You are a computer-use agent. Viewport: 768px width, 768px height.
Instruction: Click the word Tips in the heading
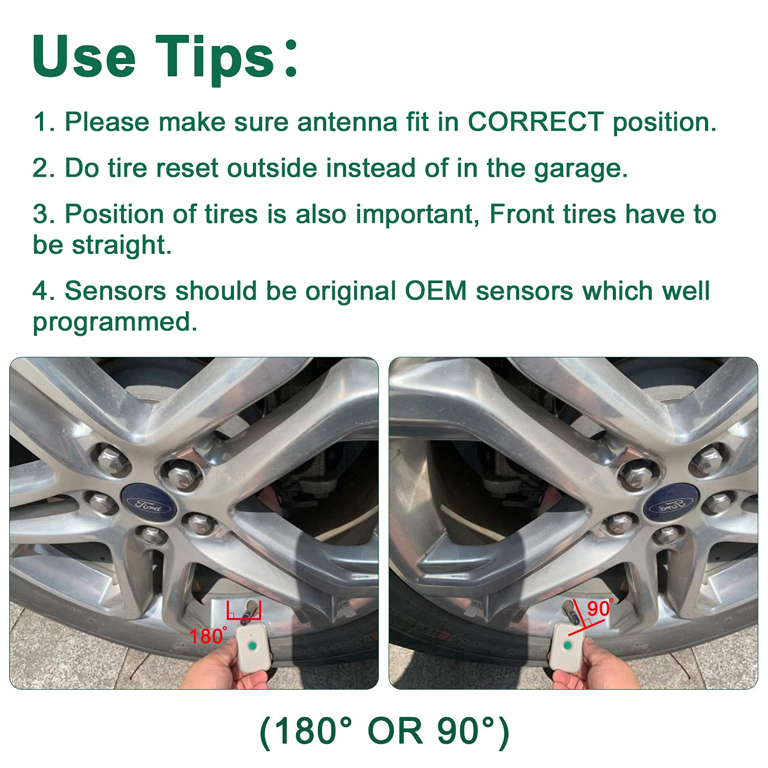216,57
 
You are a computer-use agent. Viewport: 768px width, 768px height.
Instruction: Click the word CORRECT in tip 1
536,122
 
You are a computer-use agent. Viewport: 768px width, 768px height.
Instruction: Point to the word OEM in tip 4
436,291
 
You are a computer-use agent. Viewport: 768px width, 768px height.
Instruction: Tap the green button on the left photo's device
251,647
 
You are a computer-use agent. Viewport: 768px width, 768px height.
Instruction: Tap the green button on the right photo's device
567,645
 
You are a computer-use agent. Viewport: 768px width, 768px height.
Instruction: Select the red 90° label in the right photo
600,608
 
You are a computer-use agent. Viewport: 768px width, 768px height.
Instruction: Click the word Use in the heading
83,57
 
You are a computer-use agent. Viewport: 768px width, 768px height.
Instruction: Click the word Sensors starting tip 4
115,291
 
